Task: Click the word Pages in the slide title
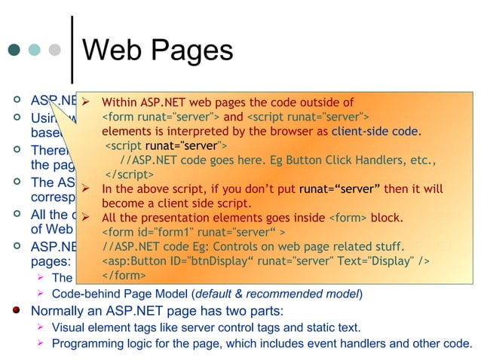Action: pyautogui.click(x=192, y=51)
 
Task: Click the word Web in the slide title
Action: pyautogui.click(x=114, y=51)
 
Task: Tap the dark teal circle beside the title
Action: pyautogui.click(x=14, y=51)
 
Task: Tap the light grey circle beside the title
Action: pyautogui.click(x=54, y=51)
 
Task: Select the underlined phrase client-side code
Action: pyautogui.click(x=375, y=131)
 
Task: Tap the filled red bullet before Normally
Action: pyautogui.click(x=14, y=310)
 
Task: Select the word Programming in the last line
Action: pyautogui.click(x=86, y=344)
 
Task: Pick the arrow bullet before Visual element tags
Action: pyautogui.click(x=43, y=328)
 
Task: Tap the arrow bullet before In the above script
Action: pyautogui.click(x=87, y=189)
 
